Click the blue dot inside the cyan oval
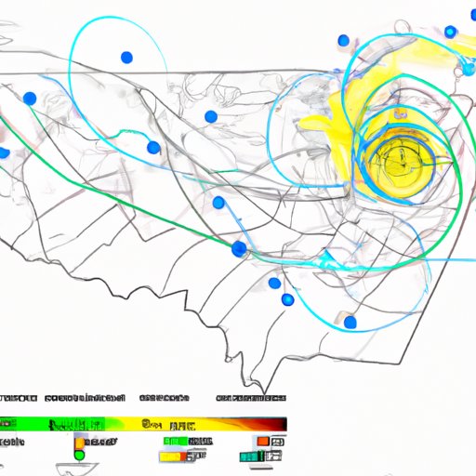click(x=126, y=58)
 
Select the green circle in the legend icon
click(x=79, y=456)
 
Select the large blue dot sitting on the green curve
click(x=240, y=249)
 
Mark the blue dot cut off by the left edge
click(x=4, y=152)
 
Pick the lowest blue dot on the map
click(x=350, y=323)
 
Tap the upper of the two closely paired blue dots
click(x=274, y=283)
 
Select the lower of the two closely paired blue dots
click(x=287, y=299)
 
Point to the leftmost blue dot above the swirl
click(x=343, y=41)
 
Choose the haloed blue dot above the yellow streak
click(x=450, y=32)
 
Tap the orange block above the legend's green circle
click(x=80, y=442)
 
